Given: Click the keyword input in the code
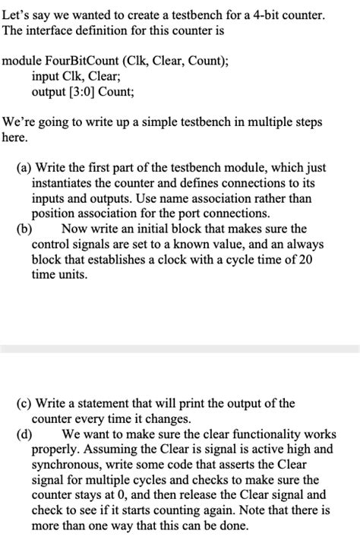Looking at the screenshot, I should pyautogui.click(x=47, y=77).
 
